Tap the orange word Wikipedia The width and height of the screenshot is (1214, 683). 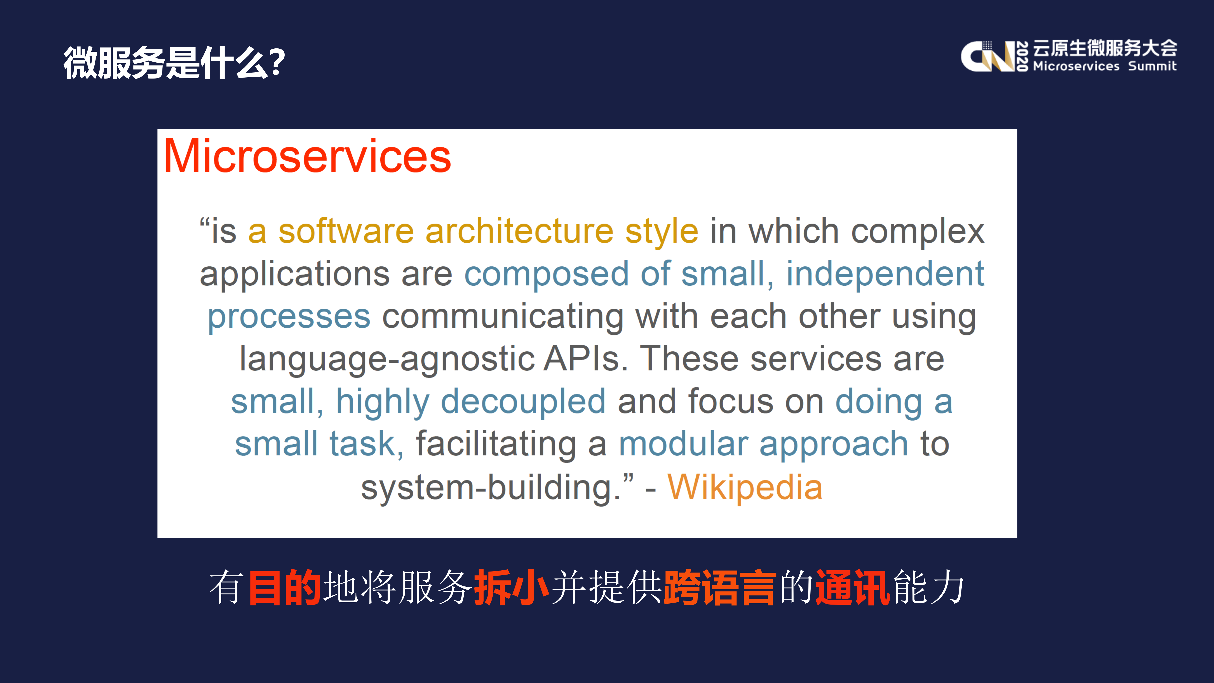(745, 487)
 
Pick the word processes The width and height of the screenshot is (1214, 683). (289, 317)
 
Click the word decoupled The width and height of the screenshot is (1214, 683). (523, 402)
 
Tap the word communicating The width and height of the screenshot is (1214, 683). (503, 317)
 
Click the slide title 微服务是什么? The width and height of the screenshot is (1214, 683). (174, 63)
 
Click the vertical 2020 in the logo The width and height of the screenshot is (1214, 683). (1022, 56)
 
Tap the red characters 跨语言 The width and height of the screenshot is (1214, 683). (720, 587)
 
